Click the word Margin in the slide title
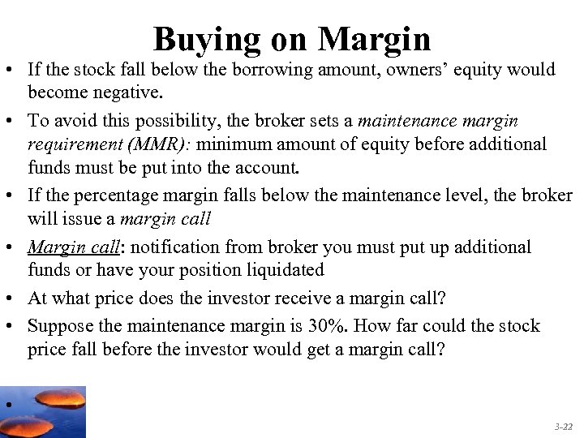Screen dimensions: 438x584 [374, 38]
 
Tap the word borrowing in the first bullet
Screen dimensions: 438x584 [268, 70]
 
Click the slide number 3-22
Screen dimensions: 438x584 [563, 426]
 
